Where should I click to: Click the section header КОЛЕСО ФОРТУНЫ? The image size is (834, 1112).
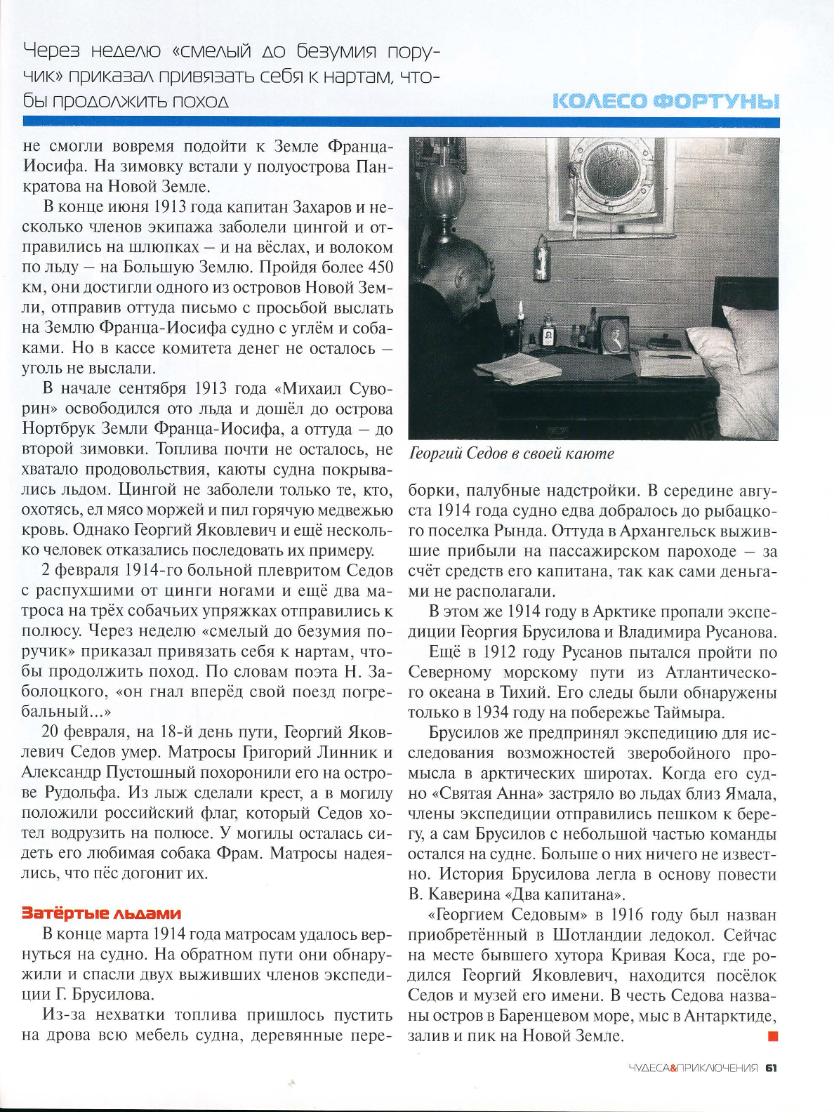tap(666, 101)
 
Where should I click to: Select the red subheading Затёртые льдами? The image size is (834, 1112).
tap(102, 913)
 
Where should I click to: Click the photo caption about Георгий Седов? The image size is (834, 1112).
tap(511, 454)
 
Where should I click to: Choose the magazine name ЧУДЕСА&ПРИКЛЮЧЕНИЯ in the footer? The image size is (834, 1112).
tap(692, 1068)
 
